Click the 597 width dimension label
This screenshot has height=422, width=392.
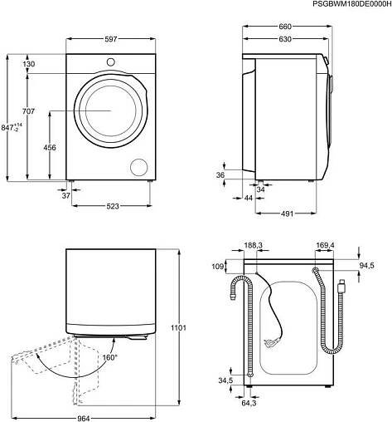pos(111,39)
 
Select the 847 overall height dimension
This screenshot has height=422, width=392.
pos(12,128)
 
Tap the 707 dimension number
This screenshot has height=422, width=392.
pos(28,111)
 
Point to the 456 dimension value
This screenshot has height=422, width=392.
pos(50,147)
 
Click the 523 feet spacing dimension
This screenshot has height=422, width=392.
pos(113,206)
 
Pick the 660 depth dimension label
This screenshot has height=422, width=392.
pos(285,27)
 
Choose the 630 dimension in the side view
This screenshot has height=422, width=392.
pos(285,39)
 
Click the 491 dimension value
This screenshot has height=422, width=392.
pos(287,213)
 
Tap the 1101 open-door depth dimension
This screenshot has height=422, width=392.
pos(178,328)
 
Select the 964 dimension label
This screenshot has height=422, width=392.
pos(83,418)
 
